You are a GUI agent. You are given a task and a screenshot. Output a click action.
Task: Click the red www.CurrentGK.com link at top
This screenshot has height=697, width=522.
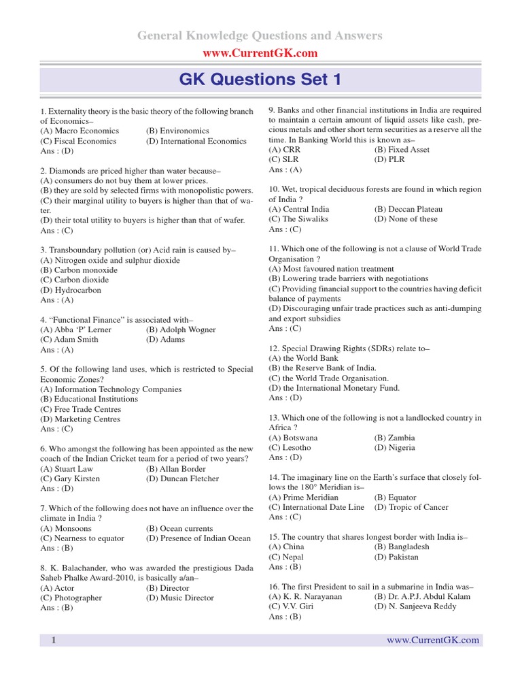click(x=260, y=53)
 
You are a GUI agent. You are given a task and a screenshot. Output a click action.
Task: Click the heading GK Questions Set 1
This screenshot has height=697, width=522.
click(x=260, y=80)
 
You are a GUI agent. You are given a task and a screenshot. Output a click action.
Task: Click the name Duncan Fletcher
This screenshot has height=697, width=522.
click(x=182, y=479)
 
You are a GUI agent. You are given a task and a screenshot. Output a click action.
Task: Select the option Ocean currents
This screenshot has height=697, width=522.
click(x=179, y=529)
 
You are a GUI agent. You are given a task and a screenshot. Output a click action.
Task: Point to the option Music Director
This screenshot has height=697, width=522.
click(x=179, y=598)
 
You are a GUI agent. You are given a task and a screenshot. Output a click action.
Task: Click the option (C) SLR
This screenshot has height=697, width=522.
click(x=285, y=160)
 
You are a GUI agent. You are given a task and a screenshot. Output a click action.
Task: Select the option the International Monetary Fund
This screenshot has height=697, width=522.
click(x=334, y=388)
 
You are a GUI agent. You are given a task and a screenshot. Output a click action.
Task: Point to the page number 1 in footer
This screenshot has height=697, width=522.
click(x=53, y=641)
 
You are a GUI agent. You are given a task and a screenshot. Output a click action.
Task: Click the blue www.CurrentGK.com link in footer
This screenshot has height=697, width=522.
click(x=433, y=641)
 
